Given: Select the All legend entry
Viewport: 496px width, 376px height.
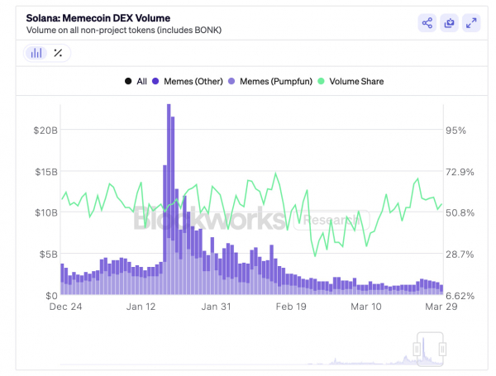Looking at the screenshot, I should pyautogui.click(x=136, y=81).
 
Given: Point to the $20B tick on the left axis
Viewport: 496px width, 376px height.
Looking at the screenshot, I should pyautogui.click(x=45, y=131).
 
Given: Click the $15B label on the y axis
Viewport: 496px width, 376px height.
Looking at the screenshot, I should pyautogui.click(x=45, y=172).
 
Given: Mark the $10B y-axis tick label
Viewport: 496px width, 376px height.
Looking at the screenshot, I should pyautogui.click(x=45, y=212).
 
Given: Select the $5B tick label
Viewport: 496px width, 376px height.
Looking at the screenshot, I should pyautogui.click(x=47, y=254).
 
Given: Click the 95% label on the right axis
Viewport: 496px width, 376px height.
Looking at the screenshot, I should pyautogui.click(x=456, y=131).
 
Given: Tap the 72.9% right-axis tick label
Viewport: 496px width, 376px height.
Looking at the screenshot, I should pyautogui.click(x=460, y=172).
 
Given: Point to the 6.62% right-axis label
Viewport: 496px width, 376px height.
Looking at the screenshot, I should pyautogui.click(x=460, y=295).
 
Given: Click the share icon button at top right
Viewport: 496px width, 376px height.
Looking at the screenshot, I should pyautogui.click(x=427, y=23).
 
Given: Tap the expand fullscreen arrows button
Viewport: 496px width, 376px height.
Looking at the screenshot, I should pyautogui.click(x=470, y=23).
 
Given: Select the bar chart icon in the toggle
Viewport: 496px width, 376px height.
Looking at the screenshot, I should pyautogui.click(x=36, y=53).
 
